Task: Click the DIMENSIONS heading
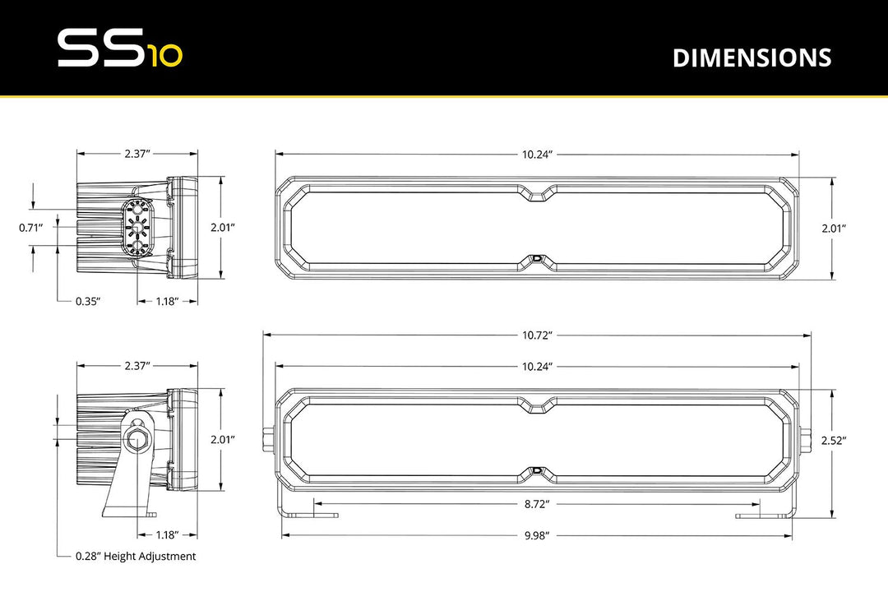click(x=752, y=58)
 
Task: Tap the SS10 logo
click(x=120, y=49)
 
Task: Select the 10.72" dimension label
click(x=537, y=335)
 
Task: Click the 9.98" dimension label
click(x=536, y=534)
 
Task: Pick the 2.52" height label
click(x=834, y=441)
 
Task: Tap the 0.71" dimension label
click(x=31, y=228)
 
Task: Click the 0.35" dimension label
click(x=88, y=302)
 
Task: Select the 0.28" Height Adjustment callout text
click(x=136, y=557)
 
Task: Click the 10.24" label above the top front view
click(x=537, y=154)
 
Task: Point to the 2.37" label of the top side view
click(x=137, y=154)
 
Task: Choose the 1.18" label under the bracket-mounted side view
click(x=167, y=534)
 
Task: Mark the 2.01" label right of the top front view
click(x=834, y=228)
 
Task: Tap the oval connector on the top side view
click(x=136, y=229)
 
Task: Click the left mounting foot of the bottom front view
click(x=317, y=516)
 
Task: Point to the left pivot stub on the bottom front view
click(x=270, y=438)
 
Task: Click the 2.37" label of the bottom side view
click(x=137, y=365)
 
